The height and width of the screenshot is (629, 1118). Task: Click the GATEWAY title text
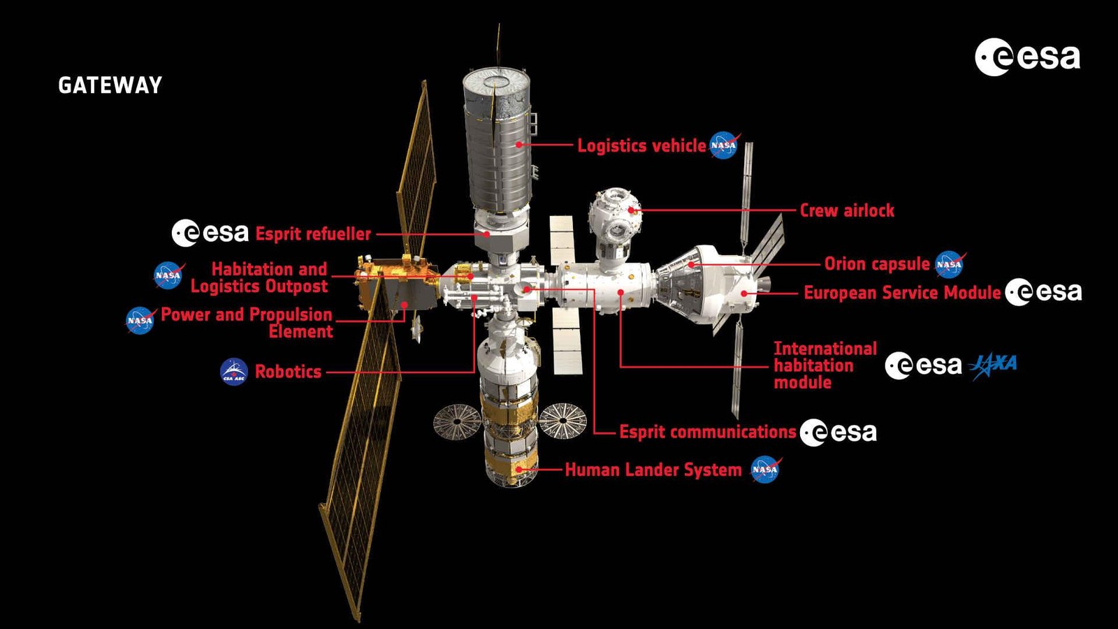click(x=110, y=85)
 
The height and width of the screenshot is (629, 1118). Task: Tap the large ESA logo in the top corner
click(x=1028, y=57)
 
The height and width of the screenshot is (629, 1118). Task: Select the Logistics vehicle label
click(x=642, y=145)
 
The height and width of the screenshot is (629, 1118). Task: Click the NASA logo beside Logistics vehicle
click(x=724, y=145)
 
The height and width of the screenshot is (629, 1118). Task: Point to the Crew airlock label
click(x=847, y=210)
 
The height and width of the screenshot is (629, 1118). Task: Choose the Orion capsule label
click(x=877, y=263)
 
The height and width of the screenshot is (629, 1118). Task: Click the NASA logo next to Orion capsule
click(x=950, y=264)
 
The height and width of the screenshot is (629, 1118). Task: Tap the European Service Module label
click(x=902, y=293)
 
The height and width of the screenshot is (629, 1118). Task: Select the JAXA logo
click(x=993, y=366)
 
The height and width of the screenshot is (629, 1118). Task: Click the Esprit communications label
click(x=708, y=432)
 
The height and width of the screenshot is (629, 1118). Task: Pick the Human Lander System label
click(x=653, y=470)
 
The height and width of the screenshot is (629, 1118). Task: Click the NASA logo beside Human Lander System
click(x=766, y=470)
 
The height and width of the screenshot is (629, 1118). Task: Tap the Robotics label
click(x=288, y=371)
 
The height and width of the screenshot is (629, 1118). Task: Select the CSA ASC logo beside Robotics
click(x=234, y=371)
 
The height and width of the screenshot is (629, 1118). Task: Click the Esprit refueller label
click(x=313, y=233)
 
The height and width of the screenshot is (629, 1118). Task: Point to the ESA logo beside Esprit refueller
click(x=210, y=233)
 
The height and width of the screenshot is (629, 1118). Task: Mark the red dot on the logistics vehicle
click(x=519, y=145)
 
